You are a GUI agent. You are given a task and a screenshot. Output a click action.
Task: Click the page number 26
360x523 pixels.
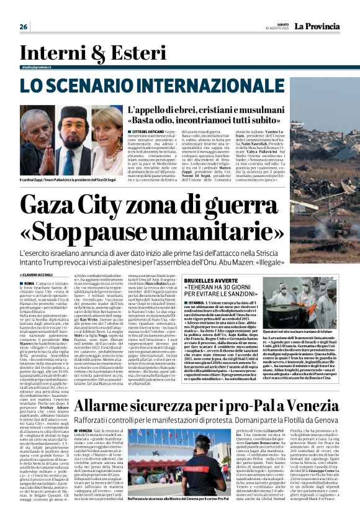(24, 27)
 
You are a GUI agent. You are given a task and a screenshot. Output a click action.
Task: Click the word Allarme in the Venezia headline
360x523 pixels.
(105, 407)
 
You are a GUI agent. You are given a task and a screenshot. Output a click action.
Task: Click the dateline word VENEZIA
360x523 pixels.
(85, 430)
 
